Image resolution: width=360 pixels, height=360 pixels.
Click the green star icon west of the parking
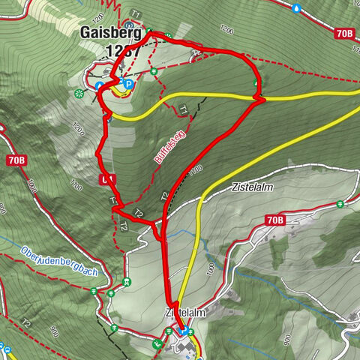point(79,92)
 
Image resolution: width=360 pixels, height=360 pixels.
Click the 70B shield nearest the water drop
point(344,34)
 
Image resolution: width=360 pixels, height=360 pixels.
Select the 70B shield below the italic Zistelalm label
point(275,220)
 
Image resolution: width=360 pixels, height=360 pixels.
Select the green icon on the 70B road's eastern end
point(341,203)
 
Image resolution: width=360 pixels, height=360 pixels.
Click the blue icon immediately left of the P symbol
point(100,86)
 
